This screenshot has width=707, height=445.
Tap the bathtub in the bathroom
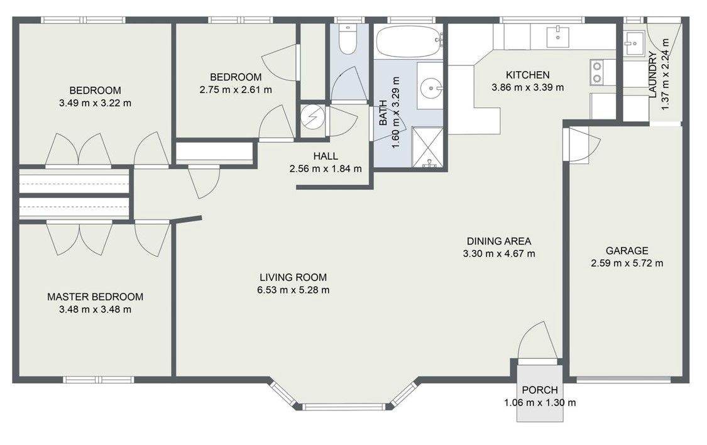point(409,41)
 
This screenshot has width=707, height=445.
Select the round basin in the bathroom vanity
point(430,86)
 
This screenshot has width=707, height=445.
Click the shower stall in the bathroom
point(427,147)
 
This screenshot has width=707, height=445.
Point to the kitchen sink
point(558,36)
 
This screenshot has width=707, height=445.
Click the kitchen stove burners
point(597,72)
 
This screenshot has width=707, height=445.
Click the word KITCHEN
point(527,75)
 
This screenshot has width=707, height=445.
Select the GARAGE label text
point(627,251)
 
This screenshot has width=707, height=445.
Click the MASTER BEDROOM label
point(95,297)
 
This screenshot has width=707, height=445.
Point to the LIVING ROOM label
point(293,277)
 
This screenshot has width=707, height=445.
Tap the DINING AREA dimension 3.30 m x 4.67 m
point(499,254)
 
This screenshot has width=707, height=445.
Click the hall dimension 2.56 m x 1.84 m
point(326,169)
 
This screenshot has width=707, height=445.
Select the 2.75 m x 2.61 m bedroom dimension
point(236,90)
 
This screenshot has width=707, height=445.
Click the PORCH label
point(540,390)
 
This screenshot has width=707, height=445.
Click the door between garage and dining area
point(582,145)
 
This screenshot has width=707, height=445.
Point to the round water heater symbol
point(312,118)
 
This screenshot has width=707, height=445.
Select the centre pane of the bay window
point(344,407)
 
